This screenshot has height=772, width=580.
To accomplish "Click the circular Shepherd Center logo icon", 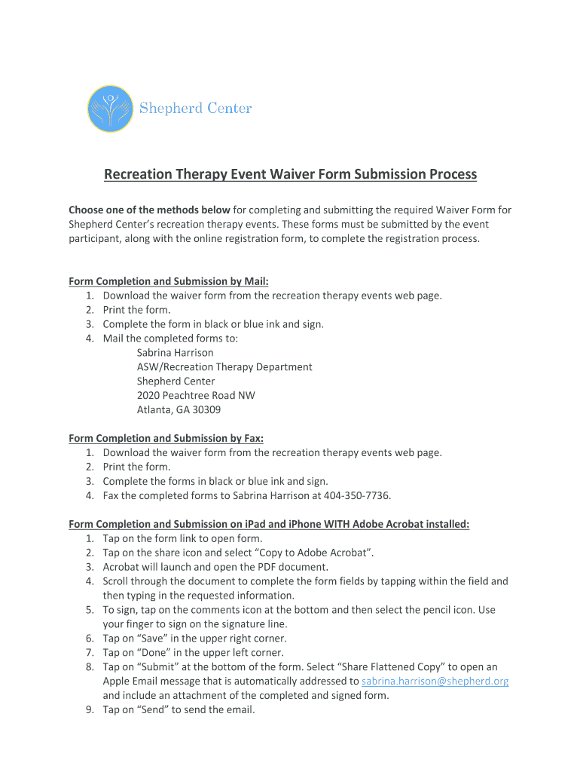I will [x=111, y=109].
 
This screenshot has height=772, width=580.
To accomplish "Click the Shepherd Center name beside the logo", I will [x=195, y=109].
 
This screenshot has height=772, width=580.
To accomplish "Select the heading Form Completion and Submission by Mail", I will [x=169, y=281].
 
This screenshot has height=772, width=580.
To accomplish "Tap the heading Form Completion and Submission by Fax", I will [x=166, y=438].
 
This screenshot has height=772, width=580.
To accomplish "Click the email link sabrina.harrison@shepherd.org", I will [x=435, y=682].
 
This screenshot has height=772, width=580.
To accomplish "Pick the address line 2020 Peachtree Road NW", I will [x=196, y=396].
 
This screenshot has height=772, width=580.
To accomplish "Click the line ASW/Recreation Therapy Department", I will [x=224, y=367].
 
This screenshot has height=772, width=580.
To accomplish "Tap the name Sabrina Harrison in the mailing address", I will [x=175, y=353].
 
